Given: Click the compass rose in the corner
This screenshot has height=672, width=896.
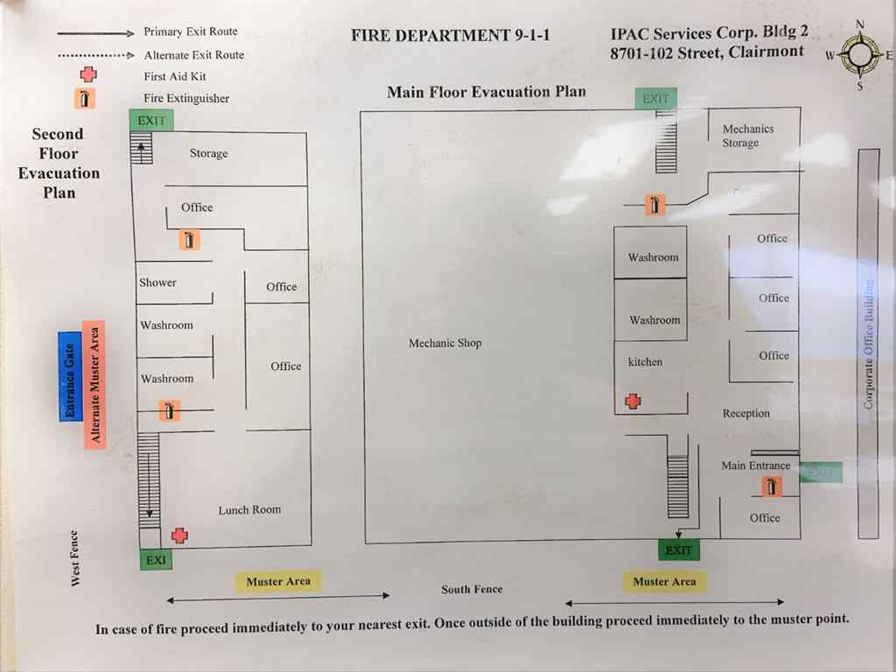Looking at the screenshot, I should point(860,55).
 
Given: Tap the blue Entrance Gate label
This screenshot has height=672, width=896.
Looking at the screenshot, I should point(70,376).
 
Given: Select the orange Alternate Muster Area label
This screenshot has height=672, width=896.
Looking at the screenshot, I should point(94,385).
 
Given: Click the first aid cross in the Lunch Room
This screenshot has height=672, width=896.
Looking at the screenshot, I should point(179,535).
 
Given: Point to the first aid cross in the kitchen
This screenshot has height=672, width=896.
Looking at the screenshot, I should point(633,401).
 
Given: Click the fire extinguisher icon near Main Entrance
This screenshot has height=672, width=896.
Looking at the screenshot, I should point(772,486).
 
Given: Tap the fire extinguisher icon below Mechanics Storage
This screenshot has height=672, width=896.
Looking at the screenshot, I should point(654,205).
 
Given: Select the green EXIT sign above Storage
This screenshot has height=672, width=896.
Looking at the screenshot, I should point(150,121).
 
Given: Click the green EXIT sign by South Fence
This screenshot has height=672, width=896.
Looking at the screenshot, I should point(678,550).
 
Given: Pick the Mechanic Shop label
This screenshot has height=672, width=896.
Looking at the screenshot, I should point(444,343).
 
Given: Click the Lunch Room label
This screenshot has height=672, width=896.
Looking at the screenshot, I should point(249,509).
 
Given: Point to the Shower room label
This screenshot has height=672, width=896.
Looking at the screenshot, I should point(157,283).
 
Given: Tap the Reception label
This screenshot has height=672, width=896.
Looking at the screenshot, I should point(745,413).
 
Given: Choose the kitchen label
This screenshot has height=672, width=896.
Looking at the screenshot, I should point(645,361).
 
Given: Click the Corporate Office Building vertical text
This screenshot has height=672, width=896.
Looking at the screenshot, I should point(868,344).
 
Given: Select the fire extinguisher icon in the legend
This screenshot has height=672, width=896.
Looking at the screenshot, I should point(84,98).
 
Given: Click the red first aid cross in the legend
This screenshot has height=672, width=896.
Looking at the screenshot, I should point(87,75).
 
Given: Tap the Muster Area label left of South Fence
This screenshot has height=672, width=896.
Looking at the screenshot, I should point(278,581).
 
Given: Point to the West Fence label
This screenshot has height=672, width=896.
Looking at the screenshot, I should point(75,558).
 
